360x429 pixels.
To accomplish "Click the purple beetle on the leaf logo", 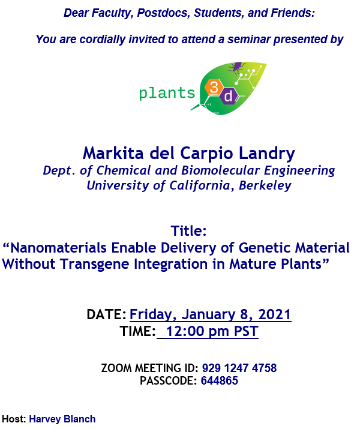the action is pyautogui.click(x=236, y=68).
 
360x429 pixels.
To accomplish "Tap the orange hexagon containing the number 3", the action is pyautogui.click(x=214, y=87).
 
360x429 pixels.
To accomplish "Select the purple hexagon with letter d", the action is pyautogui.click(x=228, y=96).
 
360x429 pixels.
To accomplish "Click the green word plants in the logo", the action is pyautogui.click(x=167, y=93).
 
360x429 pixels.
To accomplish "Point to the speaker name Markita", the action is pyautogui.click(x=113, y=153).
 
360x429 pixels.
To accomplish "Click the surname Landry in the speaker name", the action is pyautogui.click(x=267, y=154).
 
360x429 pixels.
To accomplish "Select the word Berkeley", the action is pyautogui.click(x=265, y=185).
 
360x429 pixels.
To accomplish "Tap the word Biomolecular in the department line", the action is pyautogui.click(x=220, y=170).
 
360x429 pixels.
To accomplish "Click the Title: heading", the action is pyautogui.click(x=189, y=230).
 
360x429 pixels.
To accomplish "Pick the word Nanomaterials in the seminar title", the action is pyautogui.click(x=59, y=248).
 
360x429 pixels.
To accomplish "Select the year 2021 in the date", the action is pyautogui.click(x=275, y=314).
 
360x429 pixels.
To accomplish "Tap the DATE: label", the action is pyautogui.click(x=106, y=314).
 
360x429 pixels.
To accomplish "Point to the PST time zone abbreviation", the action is pyautogui.click(x=246, y=331).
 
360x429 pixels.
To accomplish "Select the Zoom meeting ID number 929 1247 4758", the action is pyautogui.click(x=239, y=368).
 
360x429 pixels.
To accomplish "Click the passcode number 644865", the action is pyautogui.click(x=220, y=380).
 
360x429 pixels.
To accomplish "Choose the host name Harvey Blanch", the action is pyautogui.click(x=62, y=419).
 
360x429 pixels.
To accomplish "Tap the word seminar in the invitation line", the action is pyautogui.click(x=249, y=39).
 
